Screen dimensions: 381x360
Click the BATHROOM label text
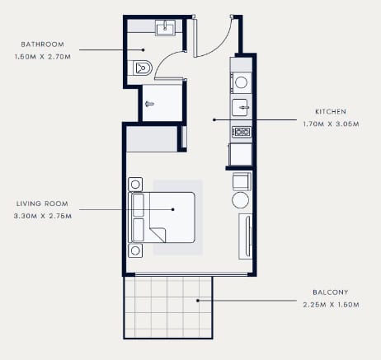point(43,44)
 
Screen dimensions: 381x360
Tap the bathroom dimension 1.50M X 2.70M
point(43,57)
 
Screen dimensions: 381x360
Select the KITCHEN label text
point(331,111)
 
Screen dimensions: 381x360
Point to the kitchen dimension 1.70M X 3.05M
point(332,124)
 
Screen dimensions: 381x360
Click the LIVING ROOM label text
point(42,203)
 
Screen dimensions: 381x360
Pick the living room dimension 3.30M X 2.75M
point(43,216)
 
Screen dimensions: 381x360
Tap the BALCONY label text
point(331,292)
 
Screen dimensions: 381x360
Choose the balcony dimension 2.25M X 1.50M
point(332,305)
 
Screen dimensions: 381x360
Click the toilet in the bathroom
point(141,68)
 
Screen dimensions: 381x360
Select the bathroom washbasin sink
point(165,28)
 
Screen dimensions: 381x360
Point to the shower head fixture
point(149,104)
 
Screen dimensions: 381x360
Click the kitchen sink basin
point(241,107)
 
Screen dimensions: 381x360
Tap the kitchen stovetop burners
point(242,132)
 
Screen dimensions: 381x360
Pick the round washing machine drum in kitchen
point(241,82)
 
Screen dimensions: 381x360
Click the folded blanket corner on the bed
point(158,235)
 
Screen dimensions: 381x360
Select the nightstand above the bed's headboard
point(135,185)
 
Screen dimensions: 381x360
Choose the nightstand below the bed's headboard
point(135,250)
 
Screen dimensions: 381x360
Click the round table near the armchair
point(240,200)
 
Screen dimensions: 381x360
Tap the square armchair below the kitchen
point(242,181)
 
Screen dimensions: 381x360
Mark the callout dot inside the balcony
point(197,301)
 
